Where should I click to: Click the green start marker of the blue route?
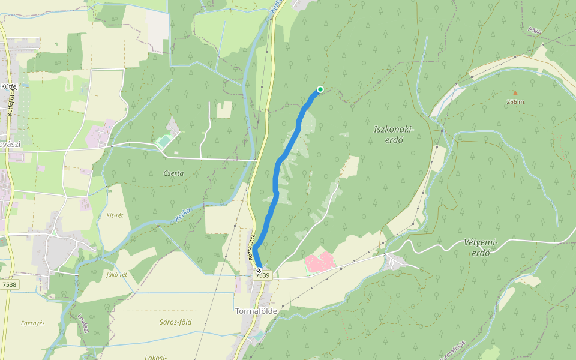pos(320,89)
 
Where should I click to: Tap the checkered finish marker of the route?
pos(259,271)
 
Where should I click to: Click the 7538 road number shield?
pos(10,284)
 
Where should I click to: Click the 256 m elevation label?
pos(515,101)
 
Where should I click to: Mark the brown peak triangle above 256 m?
pos(515,93)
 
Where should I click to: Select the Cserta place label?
pos(174,173)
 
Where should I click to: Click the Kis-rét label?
pos(115,215)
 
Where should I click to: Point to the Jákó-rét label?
pos(116,274)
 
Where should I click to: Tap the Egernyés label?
pos(33,323)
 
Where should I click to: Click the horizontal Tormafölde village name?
pos(255,311)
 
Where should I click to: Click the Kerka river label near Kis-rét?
pos(183,215)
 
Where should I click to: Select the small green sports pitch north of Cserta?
pos(163,142)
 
